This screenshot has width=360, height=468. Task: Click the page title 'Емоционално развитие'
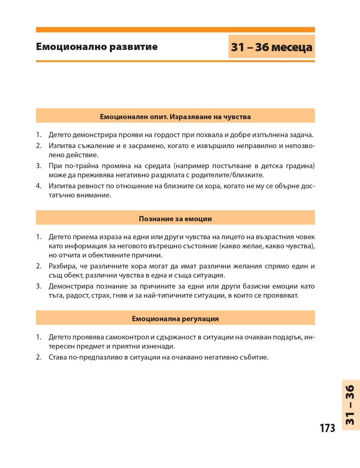click(x=97, y=47)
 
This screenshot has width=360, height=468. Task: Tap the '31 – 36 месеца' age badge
click(x=271, y=47)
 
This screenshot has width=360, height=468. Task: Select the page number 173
click(x=327, y=428)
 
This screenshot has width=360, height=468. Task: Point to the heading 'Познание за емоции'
click(x=175, y=219)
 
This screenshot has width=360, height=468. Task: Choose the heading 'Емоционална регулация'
click(x=175, y=319)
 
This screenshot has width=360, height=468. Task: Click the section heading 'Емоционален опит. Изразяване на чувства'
click(x=175, y=117)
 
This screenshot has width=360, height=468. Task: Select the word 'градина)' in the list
click(x=300, y=166)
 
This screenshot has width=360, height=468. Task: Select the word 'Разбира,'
click(x=62, y=266)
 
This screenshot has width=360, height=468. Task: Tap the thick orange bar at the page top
click(x=175, y=30)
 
